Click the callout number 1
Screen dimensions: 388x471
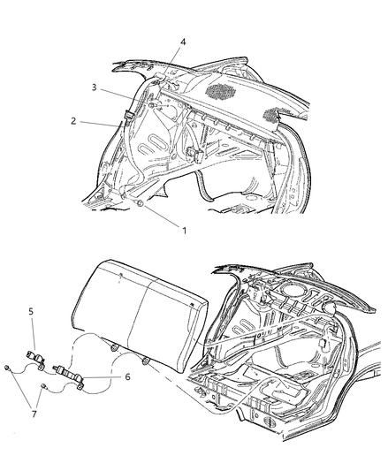184,231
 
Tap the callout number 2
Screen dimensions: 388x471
73,121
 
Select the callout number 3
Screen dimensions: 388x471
94,87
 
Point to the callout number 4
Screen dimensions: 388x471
183,42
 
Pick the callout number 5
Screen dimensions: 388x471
31,312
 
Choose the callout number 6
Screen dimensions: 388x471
127,376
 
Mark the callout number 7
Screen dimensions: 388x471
34,414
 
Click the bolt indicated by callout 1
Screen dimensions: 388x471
140,203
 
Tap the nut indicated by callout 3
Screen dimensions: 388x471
152,105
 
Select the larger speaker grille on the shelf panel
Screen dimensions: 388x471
221,91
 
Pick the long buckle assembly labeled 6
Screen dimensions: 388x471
68,376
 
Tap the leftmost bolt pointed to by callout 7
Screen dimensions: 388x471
6,368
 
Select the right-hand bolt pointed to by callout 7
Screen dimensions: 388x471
44,386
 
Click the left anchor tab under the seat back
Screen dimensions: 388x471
114,348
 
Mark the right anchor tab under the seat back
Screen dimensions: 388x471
145,361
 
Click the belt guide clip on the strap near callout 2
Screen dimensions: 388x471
128,116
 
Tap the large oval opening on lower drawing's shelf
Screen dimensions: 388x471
291,290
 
